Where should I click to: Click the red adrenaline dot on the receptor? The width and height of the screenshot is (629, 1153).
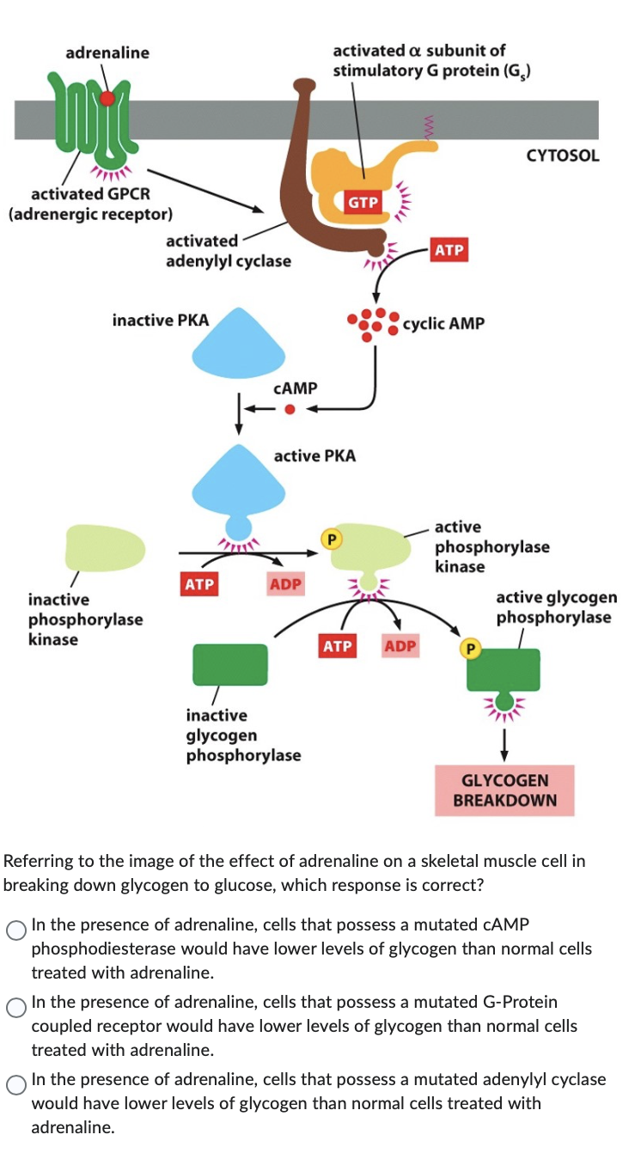(107, 99)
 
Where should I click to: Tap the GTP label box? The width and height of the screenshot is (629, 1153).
(363, 202)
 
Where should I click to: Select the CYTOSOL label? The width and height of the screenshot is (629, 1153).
(563, 156)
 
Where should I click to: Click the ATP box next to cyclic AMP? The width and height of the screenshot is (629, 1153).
(449, 250)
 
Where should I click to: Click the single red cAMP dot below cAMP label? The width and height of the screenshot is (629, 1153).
(290, 410)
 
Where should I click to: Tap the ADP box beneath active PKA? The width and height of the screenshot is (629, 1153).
(285, 584)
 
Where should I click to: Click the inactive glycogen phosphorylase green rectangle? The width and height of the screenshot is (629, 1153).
(230, 662)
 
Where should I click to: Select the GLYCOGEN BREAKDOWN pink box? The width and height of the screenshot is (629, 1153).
(504, 790)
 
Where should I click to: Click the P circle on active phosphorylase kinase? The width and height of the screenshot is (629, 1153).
(330, 539)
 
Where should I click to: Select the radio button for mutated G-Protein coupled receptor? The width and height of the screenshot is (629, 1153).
(16, 1009)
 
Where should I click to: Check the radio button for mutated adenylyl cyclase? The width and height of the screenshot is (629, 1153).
(16, 1086)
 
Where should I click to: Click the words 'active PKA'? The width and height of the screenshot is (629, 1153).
(314, 455)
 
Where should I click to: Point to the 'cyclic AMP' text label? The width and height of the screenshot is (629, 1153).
(443, 323)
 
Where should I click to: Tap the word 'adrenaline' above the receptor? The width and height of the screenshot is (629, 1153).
(107, 52)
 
